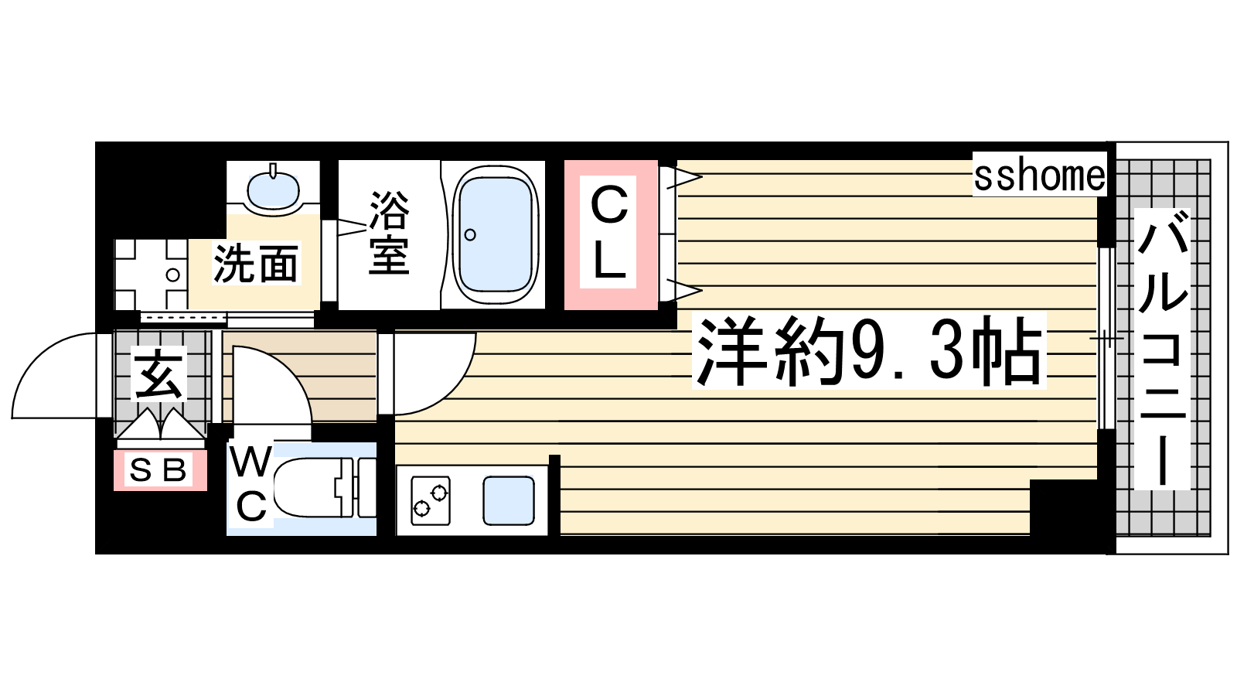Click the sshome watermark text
coord(1039,176)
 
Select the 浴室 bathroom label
coord(390,233)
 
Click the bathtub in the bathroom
coord(496,235)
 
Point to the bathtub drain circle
coord(470,235)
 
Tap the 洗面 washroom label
coord(256,264)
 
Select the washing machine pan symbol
coord(151,275)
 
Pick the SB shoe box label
coord(158,470)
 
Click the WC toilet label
coord(251,484)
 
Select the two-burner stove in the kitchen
coord(431,500)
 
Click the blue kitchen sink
coord(509,500)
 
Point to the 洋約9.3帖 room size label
coord(869,351)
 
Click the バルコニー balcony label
coord(1162,349)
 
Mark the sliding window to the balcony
coord(1106,338)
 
